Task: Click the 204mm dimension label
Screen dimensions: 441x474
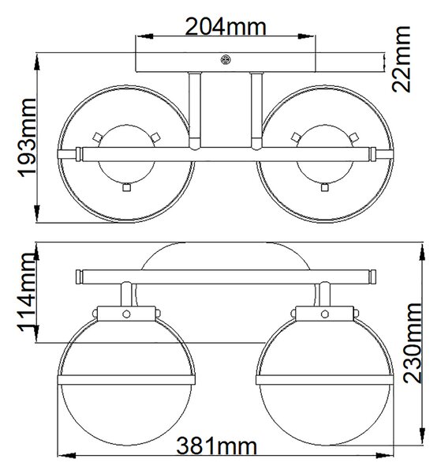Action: click(225, 27)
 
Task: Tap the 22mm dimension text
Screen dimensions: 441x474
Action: click(401, 59)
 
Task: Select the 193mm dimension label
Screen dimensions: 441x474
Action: click(27, 137)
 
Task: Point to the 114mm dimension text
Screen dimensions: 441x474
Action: click(27, 292)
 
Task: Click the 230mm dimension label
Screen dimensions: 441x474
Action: click(412, 343)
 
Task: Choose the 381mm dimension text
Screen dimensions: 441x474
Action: click(216, 446)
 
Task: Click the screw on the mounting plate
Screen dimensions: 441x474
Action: click(225, 59)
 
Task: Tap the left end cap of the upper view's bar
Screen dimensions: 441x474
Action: click(78, 154)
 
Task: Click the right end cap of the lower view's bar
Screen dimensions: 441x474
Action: click(373, 276)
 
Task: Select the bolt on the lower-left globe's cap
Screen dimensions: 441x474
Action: click(126, 314)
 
